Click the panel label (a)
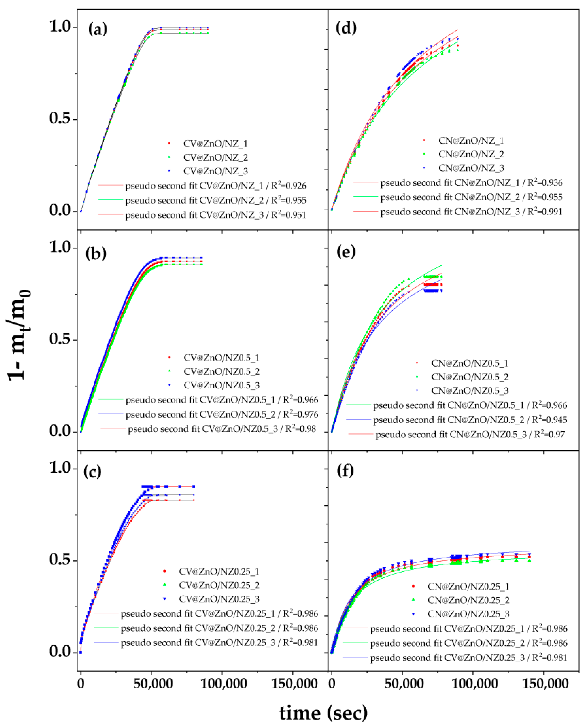(98, 29)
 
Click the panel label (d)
(346, 27)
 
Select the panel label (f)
(345, 470)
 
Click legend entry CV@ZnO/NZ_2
(215, 157)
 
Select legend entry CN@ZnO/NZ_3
(471, 168)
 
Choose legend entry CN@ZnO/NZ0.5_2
(470, 377)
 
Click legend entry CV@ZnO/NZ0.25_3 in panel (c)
(219, 599)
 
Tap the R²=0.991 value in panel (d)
(545, 212)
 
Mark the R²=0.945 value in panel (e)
(550, 420)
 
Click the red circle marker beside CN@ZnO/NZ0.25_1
(413, 586)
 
